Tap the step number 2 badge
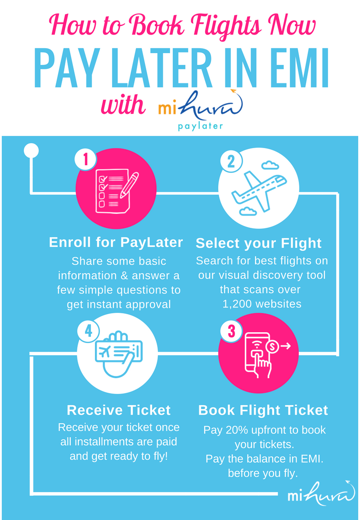(231, 162)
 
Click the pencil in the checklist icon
(130, 185)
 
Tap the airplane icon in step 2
(259, 190)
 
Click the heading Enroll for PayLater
(116, 242)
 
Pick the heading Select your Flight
(259, 244)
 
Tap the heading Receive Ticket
(119, 410)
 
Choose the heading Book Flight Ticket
(263, 410)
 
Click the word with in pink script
(123, 105)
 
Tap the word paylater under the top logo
(200, 127)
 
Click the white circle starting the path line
(31, 151)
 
